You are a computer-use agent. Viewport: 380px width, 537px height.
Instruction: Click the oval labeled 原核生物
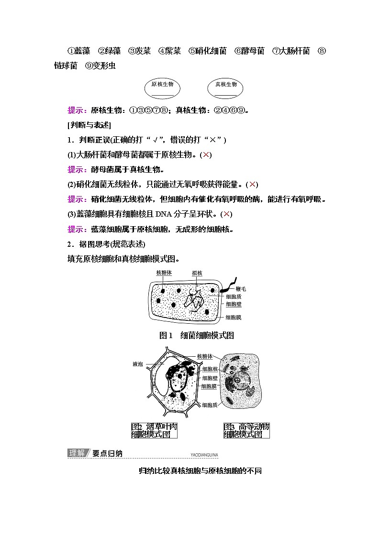coord(162,88)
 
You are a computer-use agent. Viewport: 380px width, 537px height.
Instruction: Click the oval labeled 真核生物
coord(225,88)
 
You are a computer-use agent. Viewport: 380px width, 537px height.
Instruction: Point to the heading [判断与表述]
coord(89,125)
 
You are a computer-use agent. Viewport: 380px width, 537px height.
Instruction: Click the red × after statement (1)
coord(206,154)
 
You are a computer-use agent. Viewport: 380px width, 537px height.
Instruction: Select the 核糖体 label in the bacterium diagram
coord(164,273)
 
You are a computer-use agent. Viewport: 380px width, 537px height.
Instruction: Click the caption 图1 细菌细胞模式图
coord(196,335)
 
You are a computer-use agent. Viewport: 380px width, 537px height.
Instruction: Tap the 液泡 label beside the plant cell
coord(138,364)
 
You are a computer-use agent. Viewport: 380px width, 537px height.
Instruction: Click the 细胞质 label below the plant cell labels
coord(210,405)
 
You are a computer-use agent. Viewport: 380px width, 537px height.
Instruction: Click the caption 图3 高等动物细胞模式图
coord(246,430)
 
